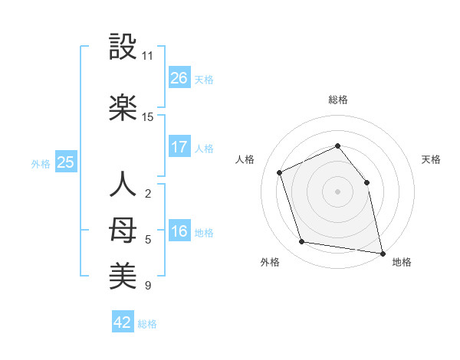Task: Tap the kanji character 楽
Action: (123, 109)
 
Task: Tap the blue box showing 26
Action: (179, 78)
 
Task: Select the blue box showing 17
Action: (179, 147)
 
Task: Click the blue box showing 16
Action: (179, 231)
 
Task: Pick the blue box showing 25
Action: (66, 162)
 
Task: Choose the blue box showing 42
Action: (123, 322)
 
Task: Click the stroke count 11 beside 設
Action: (148, 56)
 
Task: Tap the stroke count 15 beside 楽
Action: (148, 117)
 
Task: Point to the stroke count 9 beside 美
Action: (147, 286)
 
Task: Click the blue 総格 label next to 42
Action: (147, 324)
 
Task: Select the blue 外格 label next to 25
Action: (41, 163)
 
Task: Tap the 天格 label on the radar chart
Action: (432, 159)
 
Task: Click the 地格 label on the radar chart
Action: (402, 262)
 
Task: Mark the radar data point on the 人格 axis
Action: (280, 172)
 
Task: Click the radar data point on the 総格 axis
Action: (337, 146)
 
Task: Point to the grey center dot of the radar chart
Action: (337, 191)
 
